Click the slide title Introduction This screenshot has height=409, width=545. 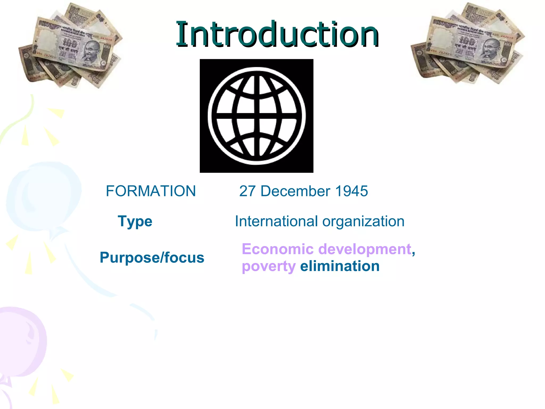pos(277,34)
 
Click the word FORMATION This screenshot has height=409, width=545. pos(151,191)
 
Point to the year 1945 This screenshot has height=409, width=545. pos(352,191)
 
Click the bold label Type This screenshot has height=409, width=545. pos(135,222)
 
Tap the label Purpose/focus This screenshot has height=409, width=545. pos(152,258)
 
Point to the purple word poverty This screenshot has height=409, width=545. pos(269,267)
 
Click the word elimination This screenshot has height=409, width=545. pos(340,266)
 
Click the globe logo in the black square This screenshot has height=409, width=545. pos(257,116)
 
